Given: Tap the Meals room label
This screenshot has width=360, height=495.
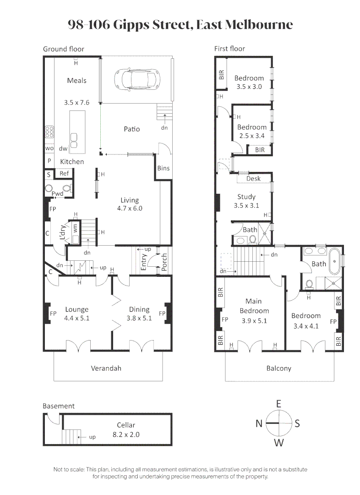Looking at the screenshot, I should [x=76, y=81].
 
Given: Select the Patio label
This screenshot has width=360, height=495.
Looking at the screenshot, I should [x=131, y=129].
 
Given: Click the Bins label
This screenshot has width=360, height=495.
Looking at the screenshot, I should [x=163, y=168].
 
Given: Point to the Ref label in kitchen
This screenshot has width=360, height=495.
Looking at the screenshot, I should [x=64, y=174].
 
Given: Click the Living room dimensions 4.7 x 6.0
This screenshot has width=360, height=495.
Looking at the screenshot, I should [x=129, y=208].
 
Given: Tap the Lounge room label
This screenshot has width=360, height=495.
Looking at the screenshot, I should [x=76, y=309].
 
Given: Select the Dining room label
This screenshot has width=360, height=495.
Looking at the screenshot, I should [x=139, y=309].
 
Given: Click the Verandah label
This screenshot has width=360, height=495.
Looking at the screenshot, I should [x=106, y=368].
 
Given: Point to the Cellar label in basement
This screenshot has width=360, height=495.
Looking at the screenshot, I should [x=126, y=425].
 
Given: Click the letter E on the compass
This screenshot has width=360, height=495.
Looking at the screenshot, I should [x=278, y=404].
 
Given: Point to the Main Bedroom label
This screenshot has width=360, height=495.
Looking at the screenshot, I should [x=253, y=306].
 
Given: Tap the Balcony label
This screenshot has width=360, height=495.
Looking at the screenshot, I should [x=278, y=368].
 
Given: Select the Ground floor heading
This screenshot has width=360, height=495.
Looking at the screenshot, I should [x=64, y=49].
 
